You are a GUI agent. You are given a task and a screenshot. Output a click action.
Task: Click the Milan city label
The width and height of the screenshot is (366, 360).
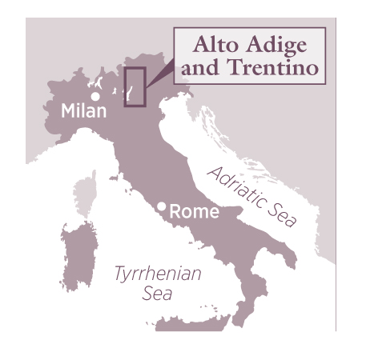(x=84, y=111)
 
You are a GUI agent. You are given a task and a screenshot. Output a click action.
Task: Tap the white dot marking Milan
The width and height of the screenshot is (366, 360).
(x=95, y=97)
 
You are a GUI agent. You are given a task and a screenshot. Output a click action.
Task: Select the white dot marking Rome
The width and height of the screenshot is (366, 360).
(x=162, y=207)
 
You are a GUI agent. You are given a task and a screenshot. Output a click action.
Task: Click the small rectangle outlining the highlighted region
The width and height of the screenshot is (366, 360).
(x=135, y=87)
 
